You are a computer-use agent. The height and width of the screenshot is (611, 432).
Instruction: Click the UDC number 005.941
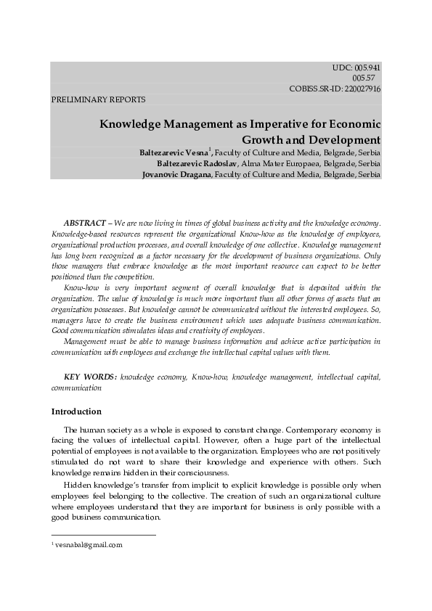pos(366,67)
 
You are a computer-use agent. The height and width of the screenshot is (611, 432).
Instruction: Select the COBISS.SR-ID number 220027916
pos(356,89)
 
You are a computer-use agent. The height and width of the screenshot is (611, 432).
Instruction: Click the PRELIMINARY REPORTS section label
pos(98,99)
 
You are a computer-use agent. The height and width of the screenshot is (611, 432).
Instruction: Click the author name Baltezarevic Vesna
pos(174,153)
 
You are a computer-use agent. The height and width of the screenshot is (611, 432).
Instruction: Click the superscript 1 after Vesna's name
pos(210,150)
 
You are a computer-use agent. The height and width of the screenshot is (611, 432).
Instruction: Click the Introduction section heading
pos(76,411)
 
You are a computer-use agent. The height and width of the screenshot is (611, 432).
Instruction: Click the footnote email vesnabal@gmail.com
pos(89,544)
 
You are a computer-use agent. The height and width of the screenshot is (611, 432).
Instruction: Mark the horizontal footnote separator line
pos(103,536)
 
